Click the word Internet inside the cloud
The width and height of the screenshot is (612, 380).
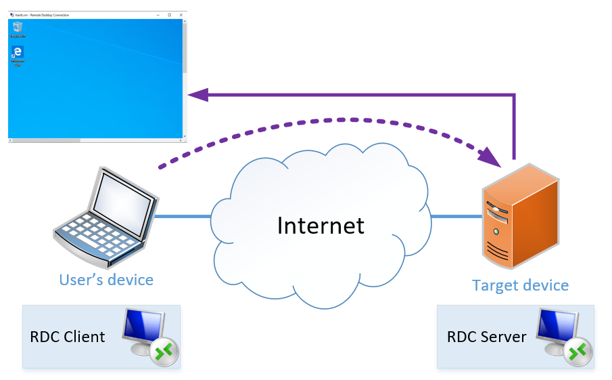pyautogui.click(x=321, y=226)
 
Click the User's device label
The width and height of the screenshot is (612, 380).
pyautogui.click(x=106, y=280)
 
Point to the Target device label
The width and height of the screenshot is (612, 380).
pyautogui.click(x=520, y=285)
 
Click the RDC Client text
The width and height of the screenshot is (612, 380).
pyautogui.click(x=68, y=337)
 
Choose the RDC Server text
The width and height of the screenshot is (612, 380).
pyautogui.click(x=486, y=337)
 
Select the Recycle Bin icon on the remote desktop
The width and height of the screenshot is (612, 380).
pyautogui.click(x=18, y=29)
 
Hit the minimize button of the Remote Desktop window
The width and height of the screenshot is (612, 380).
pyautogui.click(x=157, y=14)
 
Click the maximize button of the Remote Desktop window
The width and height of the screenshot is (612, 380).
pyautogui.click(x=169, y=14)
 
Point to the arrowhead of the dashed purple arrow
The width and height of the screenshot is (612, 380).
pyautogui.click(x=492, y=158)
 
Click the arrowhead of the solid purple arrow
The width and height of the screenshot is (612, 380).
pyautogui.click(x=197, y=96)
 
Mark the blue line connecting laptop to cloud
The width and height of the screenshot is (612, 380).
pyautogui.click(x=183, y=216)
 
